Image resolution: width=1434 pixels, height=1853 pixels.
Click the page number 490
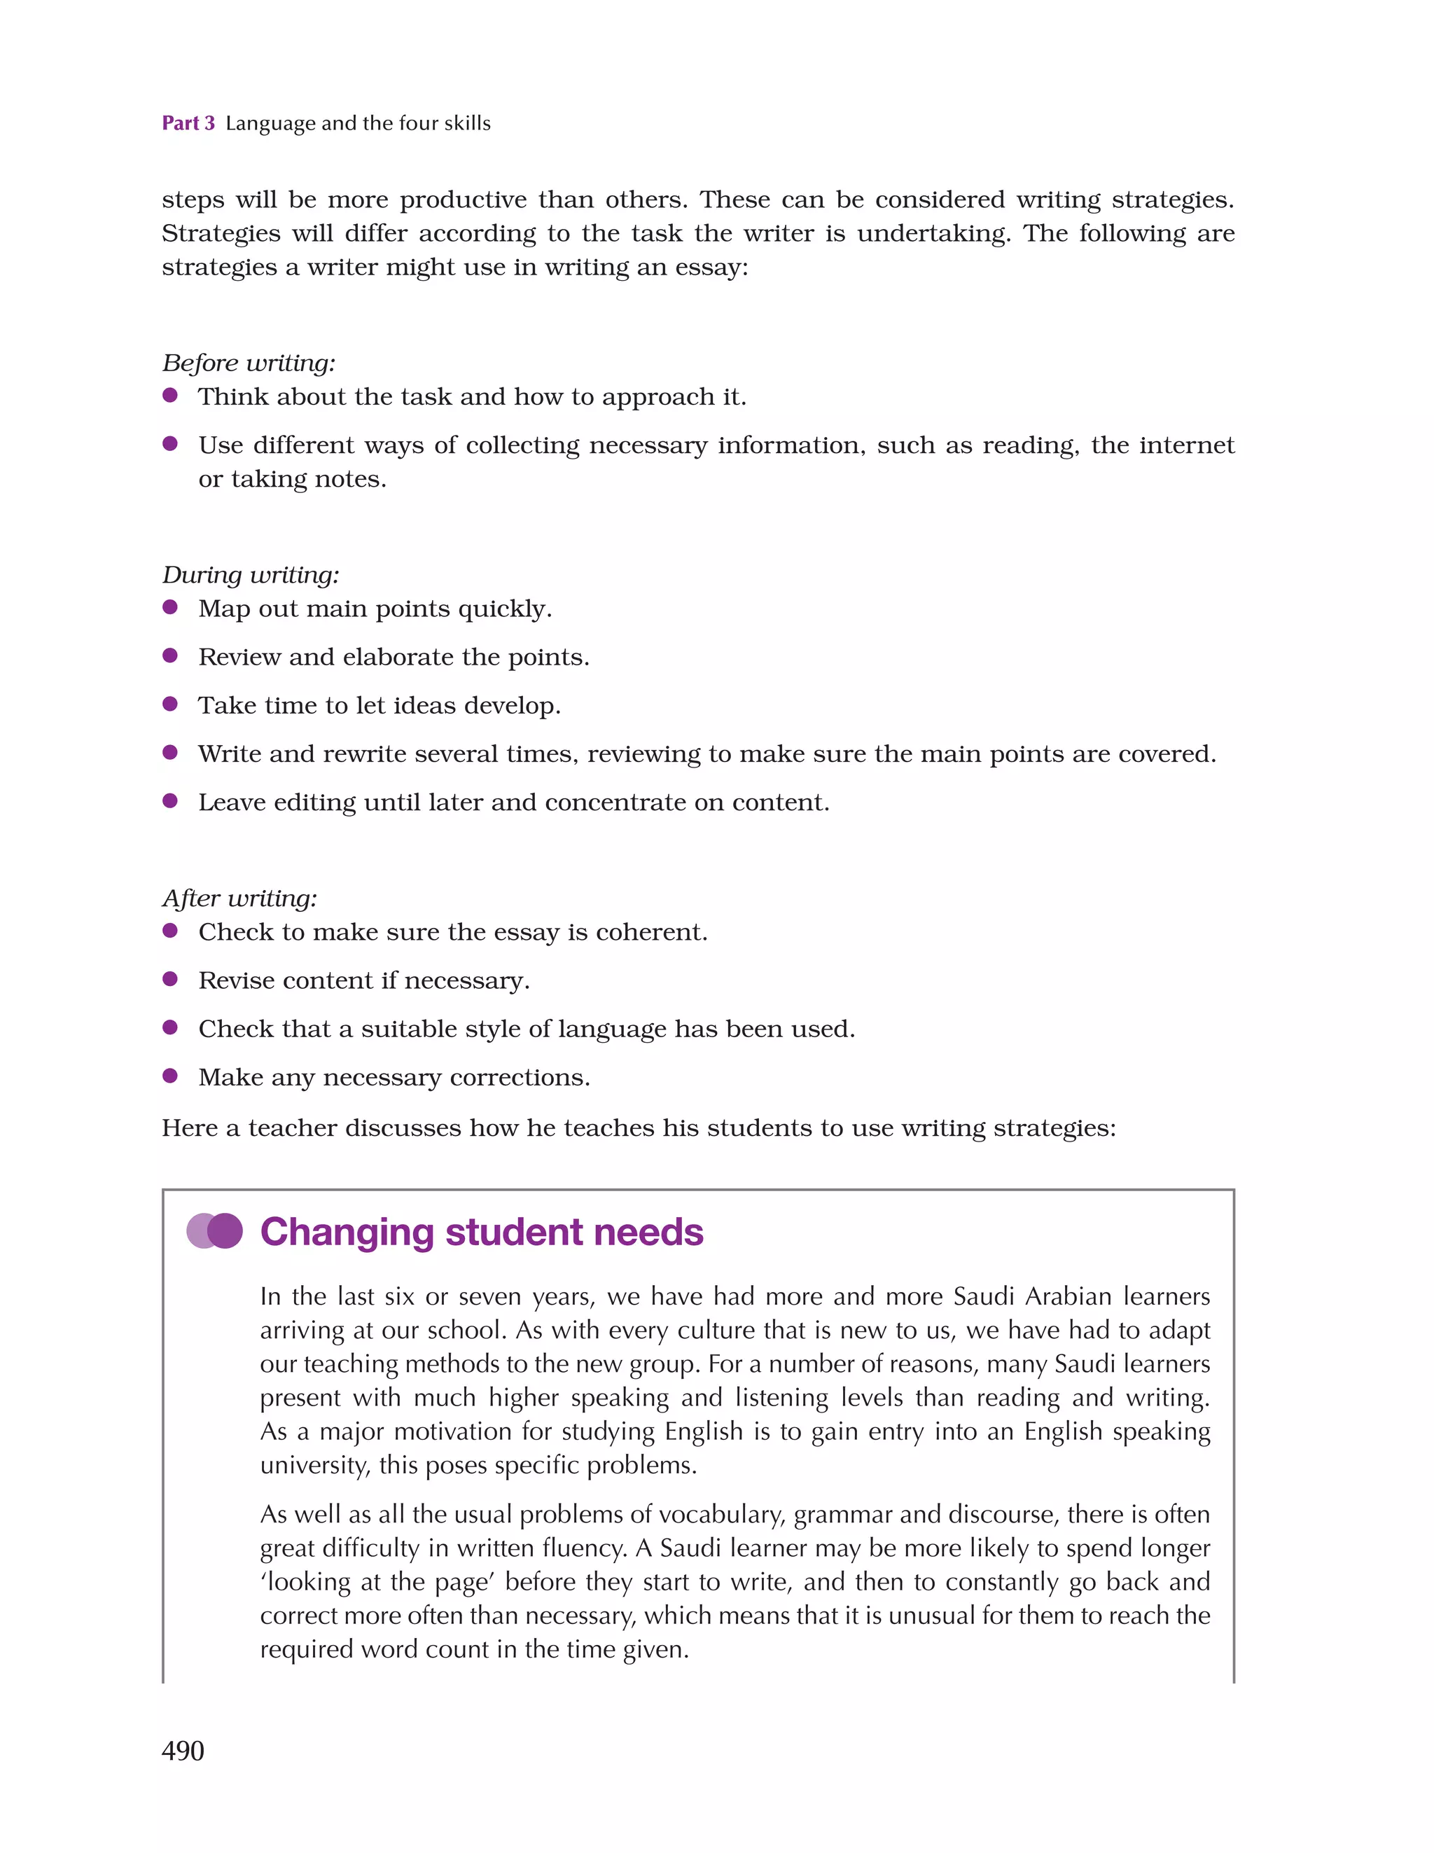[x=183, y=1750]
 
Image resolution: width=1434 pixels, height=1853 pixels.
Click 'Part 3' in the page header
[x=188, y=123]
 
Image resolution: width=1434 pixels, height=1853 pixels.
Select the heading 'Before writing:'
[x=249, y=363]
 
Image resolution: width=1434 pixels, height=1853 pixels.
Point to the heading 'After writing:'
[x=239, y=898]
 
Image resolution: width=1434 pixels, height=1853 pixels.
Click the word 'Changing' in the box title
[x=347, y=1232]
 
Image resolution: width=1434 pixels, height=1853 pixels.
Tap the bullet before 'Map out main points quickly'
[x=169, y=607]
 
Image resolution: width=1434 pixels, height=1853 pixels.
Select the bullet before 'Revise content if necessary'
[x=169, y=979]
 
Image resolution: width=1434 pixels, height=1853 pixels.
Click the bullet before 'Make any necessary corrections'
[x=169, y=1076]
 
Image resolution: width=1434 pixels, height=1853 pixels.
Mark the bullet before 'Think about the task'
[x=169, y=396]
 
